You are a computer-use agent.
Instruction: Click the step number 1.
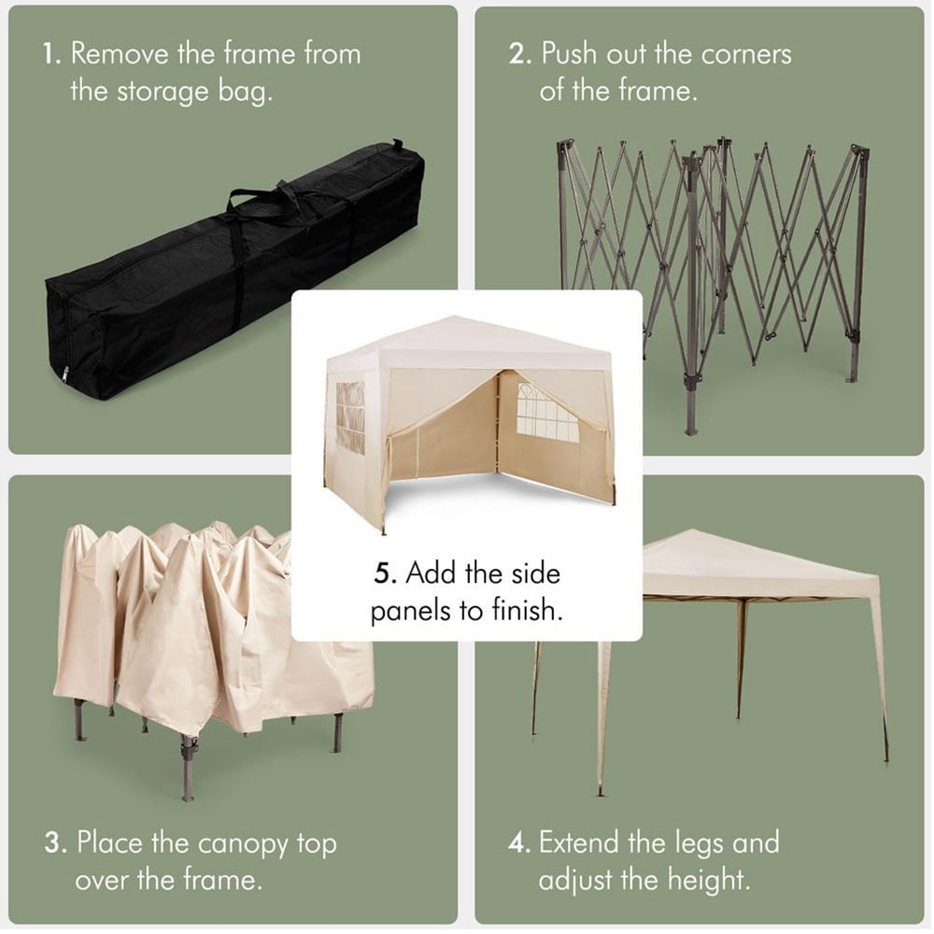point(51,55)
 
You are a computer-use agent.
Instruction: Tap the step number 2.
point(520,55)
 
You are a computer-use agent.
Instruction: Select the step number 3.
point(55,843)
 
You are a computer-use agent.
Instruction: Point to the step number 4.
point(519,843)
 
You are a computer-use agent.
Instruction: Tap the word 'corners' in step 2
point(745,55)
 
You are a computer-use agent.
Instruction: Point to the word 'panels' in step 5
point(411,612)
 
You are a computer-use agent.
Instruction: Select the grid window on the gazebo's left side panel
point(350,418)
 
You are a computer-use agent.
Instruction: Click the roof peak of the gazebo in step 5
point(455,317)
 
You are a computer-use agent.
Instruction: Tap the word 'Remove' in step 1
point(120,55)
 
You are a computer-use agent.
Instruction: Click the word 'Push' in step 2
point(569,55)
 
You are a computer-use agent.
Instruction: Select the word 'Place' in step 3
point(110,843)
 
